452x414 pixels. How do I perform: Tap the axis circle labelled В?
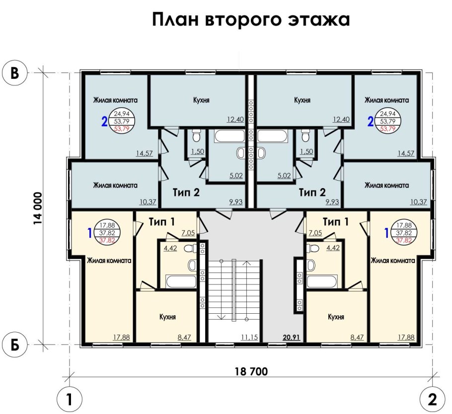point(15,72)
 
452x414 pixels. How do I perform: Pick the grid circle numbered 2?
point(432,398)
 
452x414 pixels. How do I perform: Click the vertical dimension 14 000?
point(38,209)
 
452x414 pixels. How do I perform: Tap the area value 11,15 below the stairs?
point(249,338)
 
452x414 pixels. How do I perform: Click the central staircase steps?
point(234,290)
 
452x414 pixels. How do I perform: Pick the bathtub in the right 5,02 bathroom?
point(273,136)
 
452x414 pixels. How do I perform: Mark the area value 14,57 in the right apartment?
point(406,153)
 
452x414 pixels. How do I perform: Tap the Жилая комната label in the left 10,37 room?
point(115,185)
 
